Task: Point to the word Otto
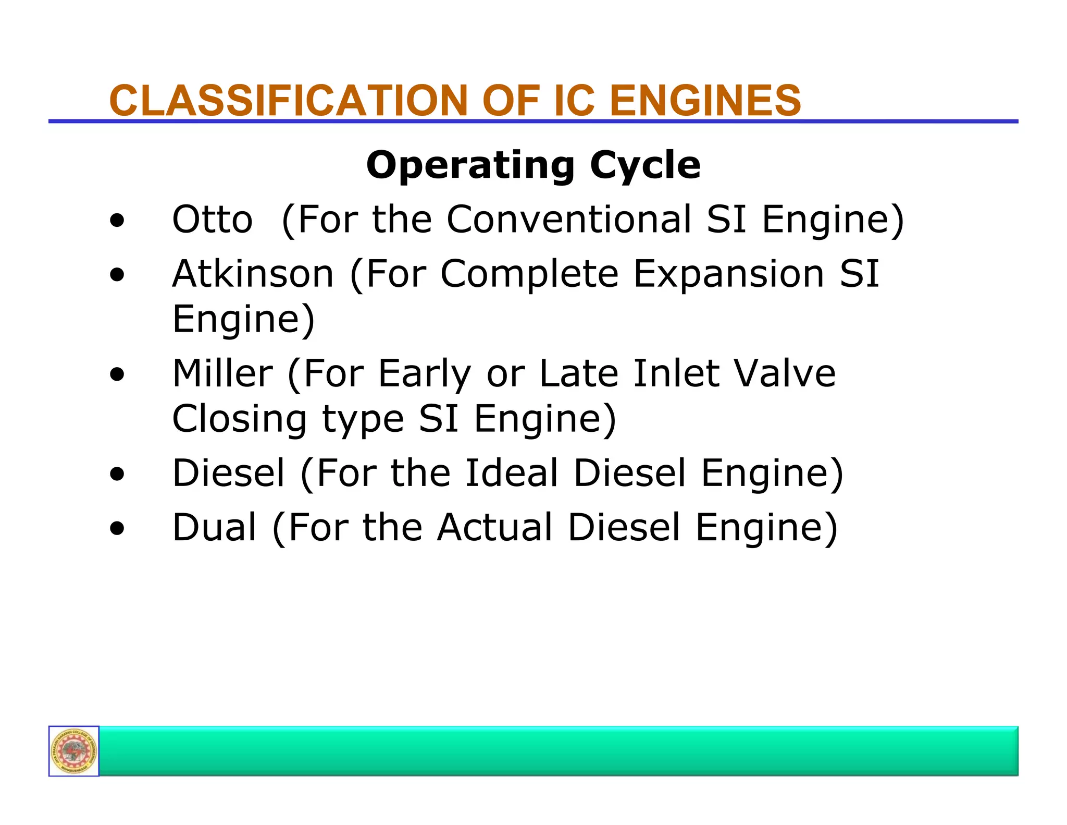click(213, 220)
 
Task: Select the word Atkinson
click(253, 274)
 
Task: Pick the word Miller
click(222, 373)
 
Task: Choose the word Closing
click(240, 420)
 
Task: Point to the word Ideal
click(512, 474)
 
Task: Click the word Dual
click(214, 527)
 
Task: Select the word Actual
click(495, 527)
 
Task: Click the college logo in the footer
click(74, 751)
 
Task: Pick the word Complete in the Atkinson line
click(529, 275)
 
